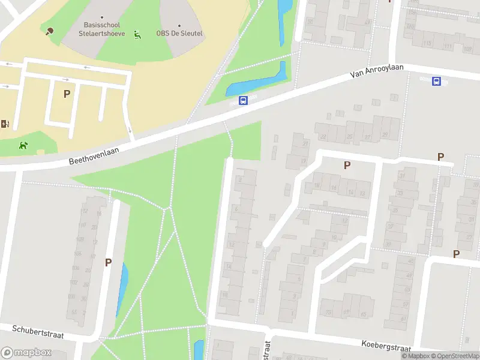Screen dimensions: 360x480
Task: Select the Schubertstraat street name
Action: pos(38,332)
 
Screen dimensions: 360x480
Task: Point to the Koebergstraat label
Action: pos(386,346)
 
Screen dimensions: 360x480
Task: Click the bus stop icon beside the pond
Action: pos(243,101)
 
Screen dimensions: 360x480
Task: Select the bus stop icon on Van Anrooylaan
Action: pos(436,82)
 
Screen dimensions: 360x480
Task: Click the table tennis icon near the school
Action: pos(49,31)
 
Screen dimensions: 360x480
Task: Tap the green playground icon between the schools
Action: pos(138,35)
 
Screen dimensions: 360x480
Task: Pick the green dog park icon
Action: pos(23,145)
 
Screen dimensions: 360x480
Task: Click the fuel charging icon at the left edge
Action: pos(5,124)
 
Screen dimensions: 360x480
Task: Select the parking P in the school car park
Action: pos(67,94)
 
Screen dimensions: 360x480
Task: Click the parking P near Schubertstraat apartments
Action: pos(109,262)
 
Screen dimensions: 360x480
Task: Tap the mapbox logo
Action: pos(26,353)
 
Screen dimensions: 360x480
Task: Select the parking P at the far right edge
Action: pos(456,254)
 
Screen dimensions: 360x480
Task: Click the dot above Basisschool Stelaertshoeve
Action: pos(102,17)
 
